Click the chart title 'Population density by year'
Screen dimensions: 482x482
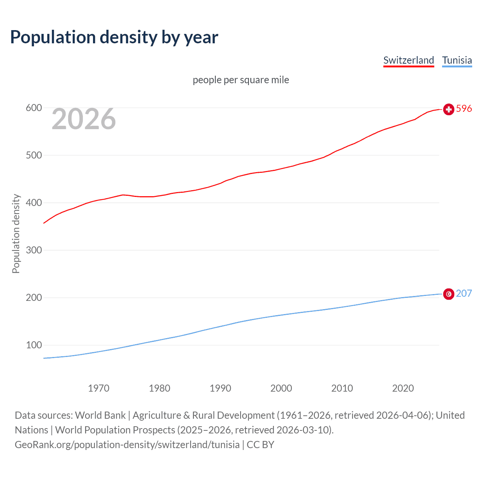[114, 37]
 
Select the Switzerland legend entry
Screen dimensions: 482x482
[409, 60]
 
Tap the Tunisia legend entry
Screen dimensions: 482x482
[457, 60]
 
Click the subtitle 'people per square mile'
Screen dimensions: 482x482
[241, 80]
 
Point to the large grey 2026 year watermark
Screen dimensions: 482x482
[84, 119]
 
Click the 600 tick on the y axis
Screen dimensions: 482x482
[34, 108]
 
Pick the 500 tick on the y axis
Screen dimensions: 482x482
[34, 156]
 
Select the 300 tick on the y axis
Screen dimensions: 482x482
[34, 250]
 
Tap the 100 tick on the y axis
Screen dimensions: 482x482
[34, 345]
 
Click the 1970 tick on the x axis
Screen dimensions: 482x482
[99, 388]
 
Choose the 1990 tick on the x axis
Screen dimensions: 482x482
[220, 388]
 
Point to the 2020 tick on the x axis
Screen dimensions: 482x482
[403, 388]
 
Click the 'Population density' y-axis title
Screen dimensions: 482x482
[16, 233]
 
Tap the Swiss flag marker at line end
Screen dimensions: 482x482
[448, 109]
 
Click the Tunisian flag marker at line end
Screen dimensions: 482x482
[448, 294]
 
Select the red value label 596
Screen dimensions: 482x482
[464, 109]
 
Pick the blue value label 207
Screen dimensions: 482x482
[464, 294]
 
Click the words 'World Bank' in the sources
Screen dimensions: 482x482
[100, 415]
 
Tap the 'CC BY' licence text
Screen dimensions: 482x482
[261, 445]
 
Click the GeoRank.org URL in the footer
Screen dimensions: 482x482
[127, 445]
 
